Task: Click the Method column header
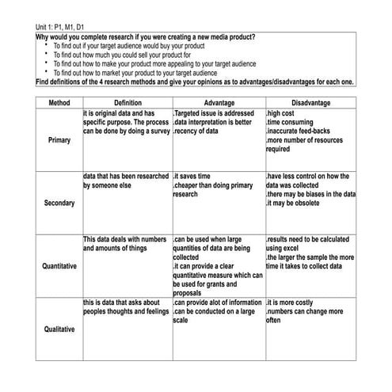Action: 59,103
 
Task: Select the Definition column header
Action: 127,103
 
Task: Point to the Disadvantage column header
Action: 310,103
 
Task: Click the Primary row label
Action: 59,140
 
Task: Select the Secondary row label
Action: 59,203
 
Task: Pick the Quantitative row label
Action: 59,266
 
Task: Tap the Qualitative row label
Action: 59,329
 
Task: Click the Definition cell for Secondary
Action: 126,181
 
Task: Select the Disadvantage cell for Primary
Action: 310,131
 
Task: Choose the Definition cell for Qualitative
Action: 126,307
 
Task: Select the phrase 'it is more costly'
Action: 294,303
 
